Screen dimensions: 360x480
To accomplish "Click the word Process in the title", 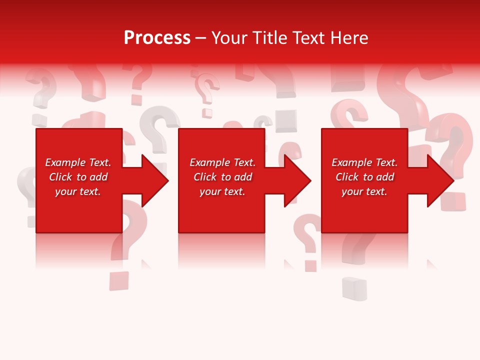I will (157, 38).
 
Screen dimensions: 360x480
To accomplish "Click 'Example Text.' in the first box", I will (78, 162).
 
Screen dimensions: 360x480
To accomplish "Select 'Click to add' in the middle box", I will (222, 177).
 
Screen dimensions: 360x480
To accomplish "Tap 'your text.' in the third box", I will (364, 191).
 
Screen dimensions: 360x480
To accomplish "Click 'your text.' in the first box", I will (78, 191).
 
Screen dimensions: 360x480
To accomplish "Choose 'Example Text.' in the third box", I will (364, 162).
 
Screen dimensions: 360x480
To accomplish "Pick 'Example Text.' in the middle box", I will (222, 162).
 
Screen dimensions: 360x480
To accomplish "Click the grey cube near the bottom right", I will (354, 289).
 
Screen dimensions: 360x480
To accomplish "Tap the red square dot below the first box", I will (119, 281).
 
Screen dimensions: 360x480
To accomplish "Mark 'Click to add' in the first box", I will (78, 177).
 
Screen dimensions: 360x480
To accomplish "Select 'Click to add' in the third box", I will (364, 177).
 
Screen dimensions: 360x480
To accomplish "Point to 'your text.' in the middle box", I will (222, 191).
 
